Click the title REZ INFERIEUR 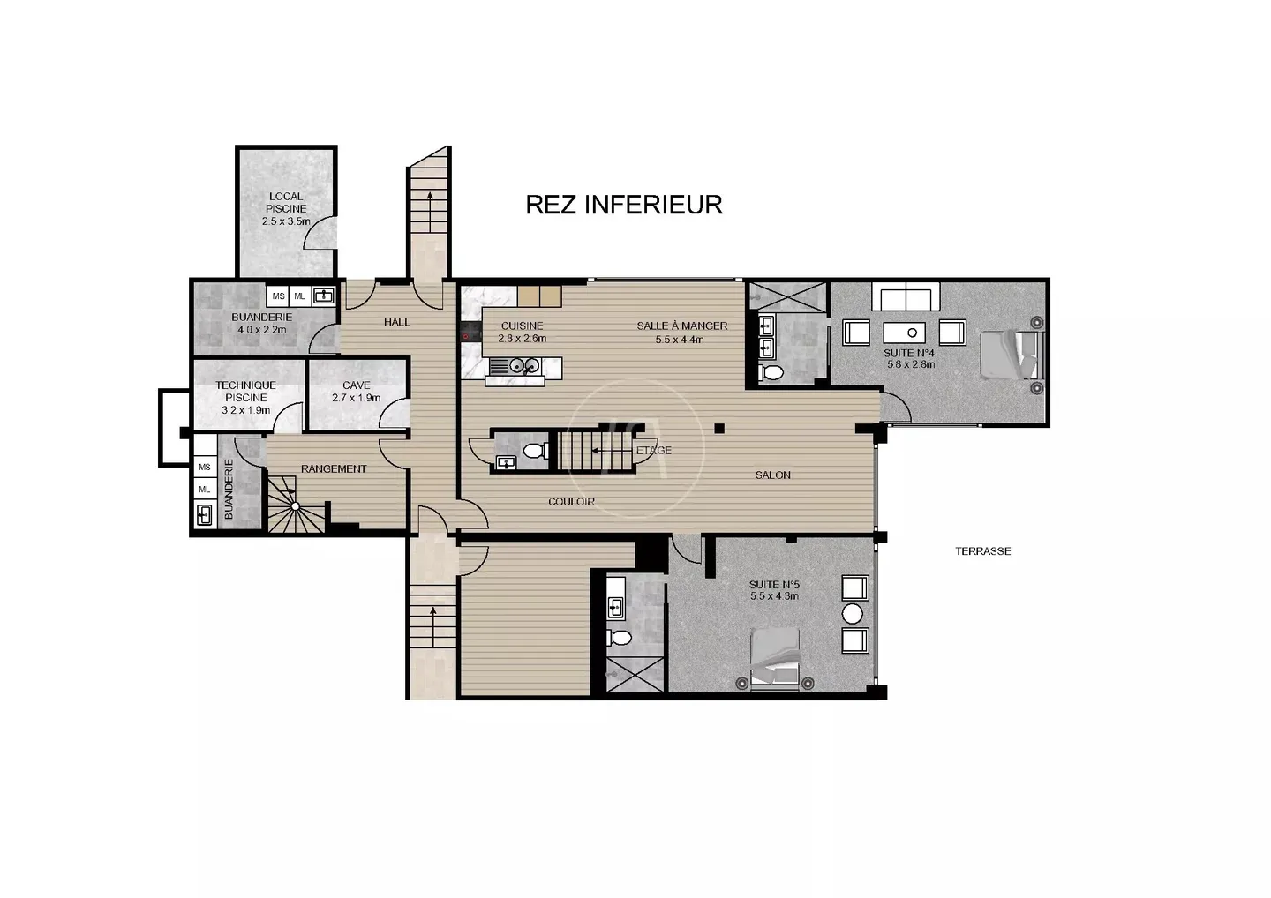coord(624,205)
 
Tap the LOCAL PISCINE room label coord(286,209)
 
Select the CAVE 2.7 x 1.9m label coord(357,391)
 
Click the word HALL coord(396,322)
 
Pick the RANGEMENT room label coord(334,468)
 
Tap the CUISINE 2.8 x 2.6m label coord(522,333)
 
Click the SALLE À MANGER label coord(682,326)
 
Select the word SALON coord(773,475)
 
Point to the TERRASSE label coord(982,551)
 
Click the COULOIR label coord(571,502)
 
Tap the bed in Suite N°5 coord(775,658)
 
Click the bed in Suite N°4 coord(1012,355)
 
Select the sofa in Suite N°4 coord(906,296)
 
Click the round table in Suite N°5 coord(853,614)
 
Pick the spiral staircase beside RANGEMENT coord(295,505)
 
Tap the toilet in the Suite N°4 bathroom coord(771,372)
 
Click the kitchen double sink coord(523,366)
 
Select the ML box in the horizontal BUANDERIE coord(299,296)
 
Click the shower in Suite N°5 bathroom coord(635,675)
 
